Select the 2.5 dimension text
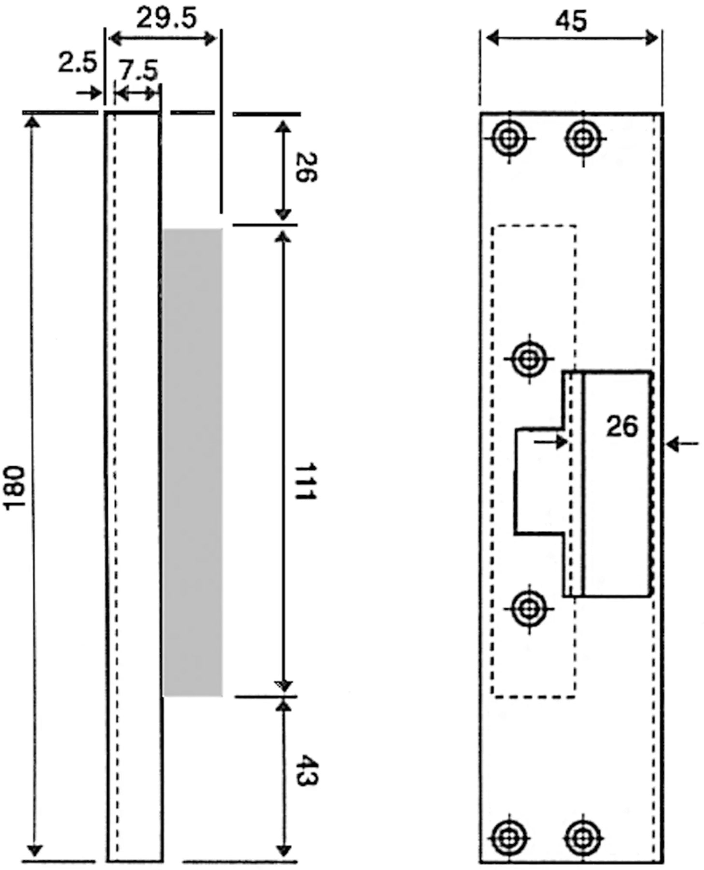(x=77, y=63)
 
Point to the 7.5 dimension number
(x=139, y=71)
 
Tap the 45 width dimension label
(x=571, y=21)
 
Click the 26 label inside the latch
(x=622, y=426)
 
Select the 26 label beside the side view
(x=306, y=167)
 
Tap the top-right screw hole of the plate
(x=583, y=139)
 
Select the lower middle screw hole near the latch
(x=529, y=608)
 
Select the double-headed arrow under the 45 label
(x=571, y=38)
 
